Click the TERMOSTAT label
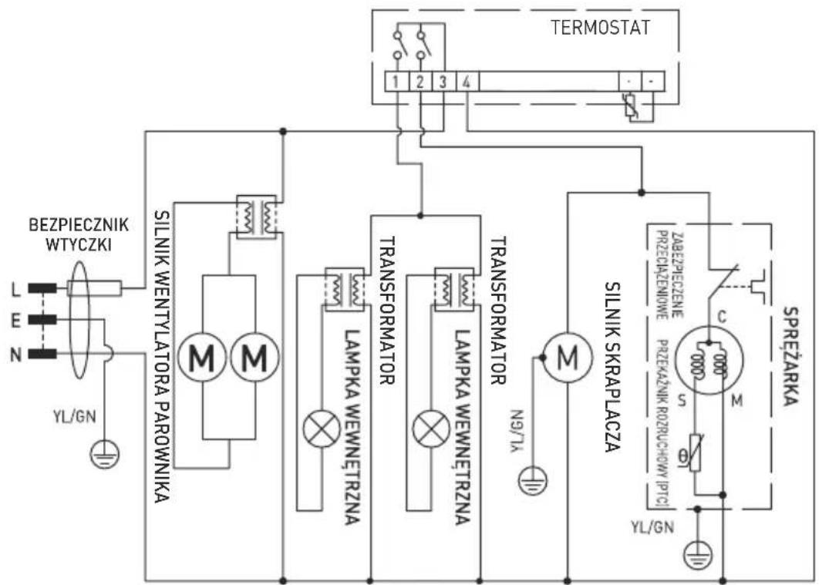click(x=601, y=28)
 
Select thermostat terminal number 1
click(x=395, y=81)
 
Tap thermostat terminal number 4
click(x=466, y=81)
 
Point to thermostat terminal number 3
click(x=442, y=81)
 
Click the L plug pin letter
click(x=15, y=289)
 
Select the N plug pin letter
click(x=15, y=355)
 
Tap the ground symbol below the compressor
click(x=697, y=554)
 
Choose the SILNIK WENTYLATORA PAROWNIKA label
click(x=162, y=355)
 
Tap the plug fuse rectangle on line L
click(x=93, y=289)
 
